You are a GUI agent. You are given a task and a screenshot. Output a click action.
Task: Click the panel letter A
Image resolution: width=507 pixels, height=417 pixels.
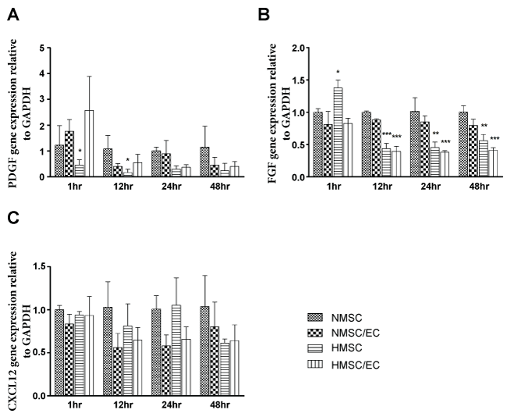click(10, 10)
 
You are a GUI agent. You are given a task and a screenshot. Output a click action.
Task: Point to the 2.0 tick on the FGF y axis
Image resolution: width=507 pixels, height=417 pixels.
click(293, 48)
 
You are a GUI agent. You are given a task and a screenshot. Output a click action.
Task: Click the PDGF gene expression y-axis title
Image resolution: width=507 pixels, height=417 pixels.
click(14, 112)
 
